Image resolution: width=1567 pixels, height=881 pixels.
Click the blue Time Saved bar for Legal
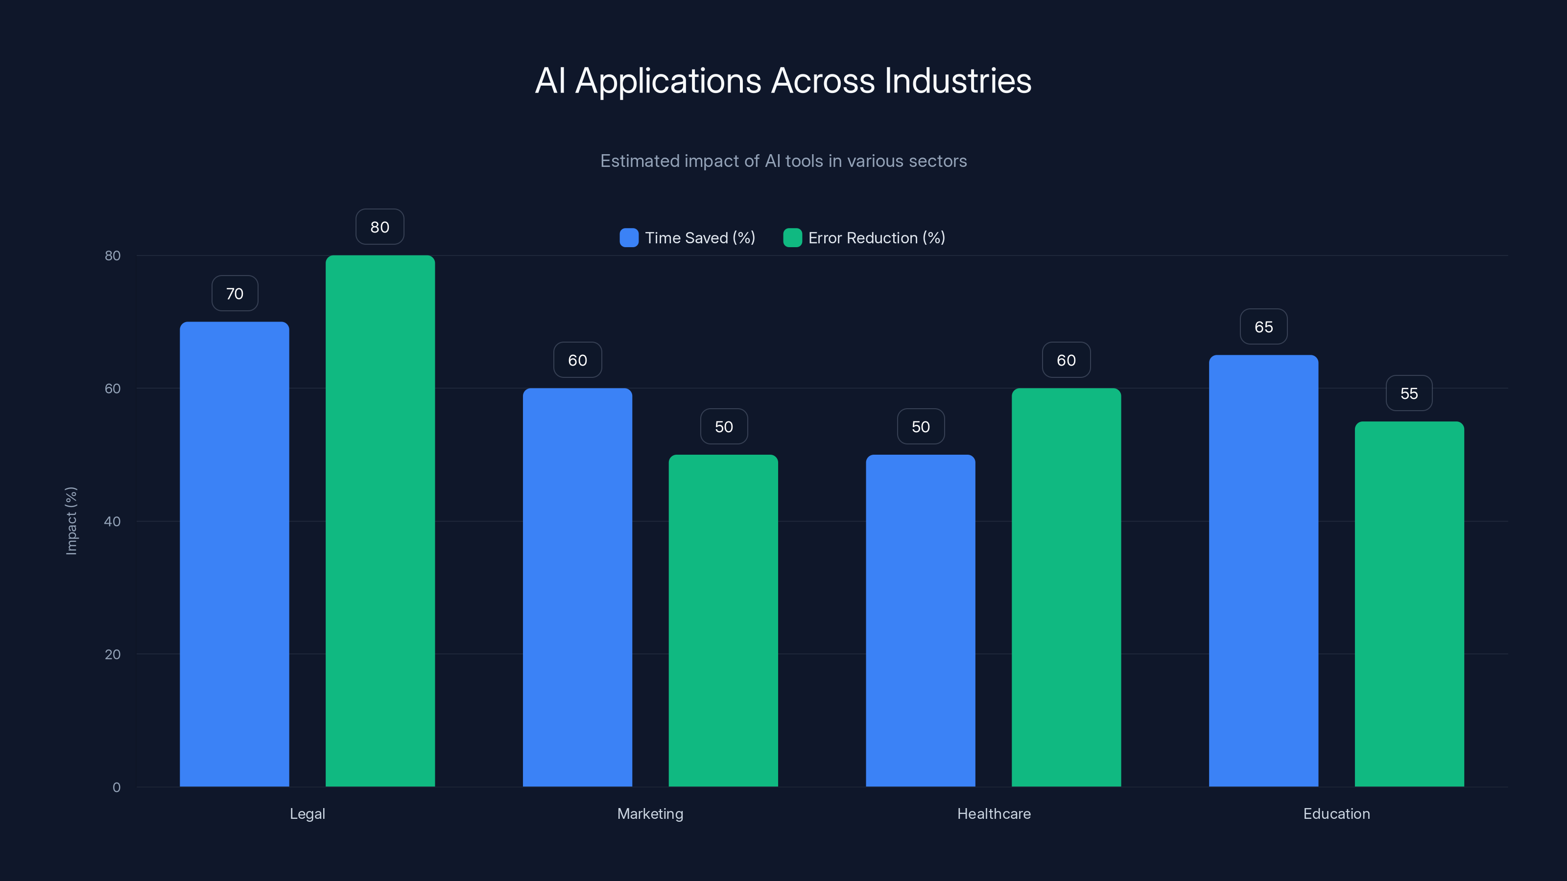tap(234, 553)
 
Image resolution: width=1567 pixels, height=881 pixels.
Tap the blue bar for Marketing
tap(577, 587)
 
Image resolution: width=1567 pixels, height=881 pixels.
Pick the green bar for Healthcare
tap(1066, 587)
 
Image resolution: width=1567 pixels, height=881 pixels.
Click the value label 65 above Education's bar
tap(1263, 327)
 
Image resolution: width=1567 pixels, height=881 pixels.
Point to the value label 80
tap(380, 227)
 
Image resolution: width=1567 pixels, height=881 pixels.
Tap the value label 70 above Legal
tap(235, 294)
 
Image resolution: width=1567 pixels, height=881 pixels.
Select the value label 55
tap(1409, 394)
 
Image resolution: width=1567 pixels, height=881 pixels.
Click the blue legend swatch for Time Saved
tap(629, 238)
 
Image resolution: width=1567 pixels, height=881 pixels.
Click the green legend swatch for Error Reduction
tap(792, 238)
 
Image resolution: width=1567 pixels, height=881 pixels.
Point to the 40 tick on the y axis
tap(113, 521)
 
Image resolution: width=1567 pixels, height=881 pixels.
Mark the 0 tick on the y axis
tap(116, 788)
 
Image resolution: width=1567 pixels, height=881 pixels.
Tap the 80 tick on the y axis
tap(113, 255)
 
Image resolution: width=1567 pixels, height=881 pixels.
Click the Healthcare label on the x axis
tap(994, 813)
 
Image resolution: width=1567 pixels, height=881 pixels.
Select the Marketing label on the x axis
tap(650, 813)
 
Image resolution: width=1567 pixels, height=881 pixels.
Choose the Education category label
tap(1336, 813)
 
